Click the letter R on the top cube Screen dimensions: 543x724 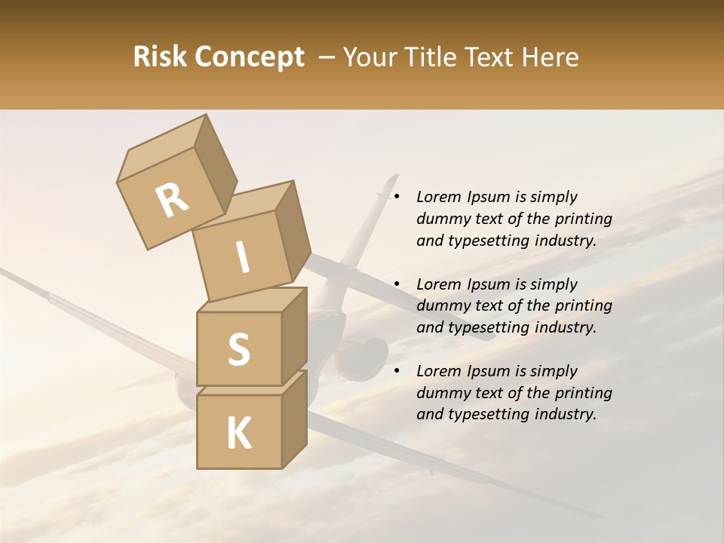(x=172, y=201)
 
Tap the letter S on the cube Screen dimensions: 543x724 (x=238, y=349)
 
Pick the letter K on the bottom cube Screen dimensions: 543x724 (x=238, y=434)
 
